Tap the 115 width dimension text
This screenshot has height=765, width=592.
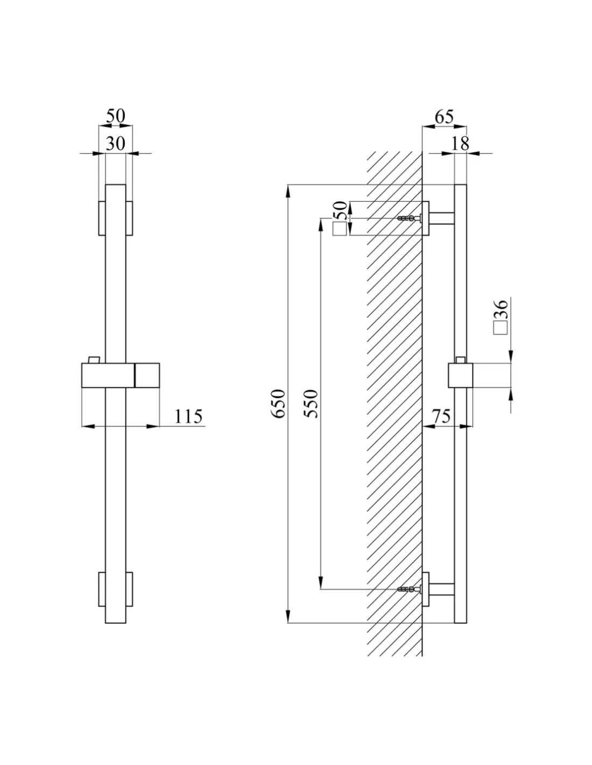pyautogui.click(x=188, y=416)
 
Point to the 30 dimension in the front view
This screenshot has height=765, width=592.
pyautogui.click(x=116, y=144)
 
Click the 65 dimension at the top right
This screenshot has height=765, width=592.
pyautogui.click(x=444, y=117)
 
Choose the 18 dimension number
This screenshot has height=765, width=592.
pyautogui.click(x=460, y=144)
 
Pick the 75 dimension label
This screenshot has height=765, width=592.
pyautogui.click(x=441, y=416)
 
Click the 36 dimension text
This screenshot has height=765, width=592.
pyautogui.click(x=502, y=309)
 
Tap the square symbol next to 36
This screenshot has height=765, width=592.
pyautogui.click(x=500, y=328)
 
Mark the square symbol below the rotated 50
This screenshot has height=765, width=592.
pyautogui.click(x=340, y=229)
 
